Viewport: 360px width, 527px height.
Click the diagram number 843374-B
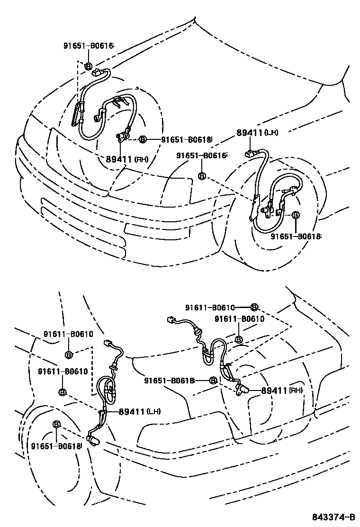tap(333, 516)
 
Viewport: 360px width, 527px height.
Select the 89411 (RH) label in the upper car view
tap(126, 159)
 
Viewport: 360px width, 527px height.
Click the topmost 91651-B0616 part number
tap(89, 46)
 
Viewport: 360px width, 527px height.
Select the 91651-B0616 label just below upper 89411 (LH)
tap(201, 155)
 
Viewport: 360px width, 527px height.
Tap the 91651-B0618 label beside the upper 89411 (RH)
tap(186, 139)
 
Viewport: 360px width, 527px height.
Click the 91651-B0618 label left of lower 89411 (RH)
tap(169, 380)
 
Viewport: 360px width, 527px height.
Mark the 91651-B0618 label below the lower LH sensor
tap(56, 446)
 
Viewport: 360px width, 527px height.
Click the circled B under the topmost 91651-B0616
tap(89, 66)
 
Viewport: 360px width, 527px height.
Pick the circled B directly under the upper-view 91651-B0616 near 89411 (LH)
tap(201, 176)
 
